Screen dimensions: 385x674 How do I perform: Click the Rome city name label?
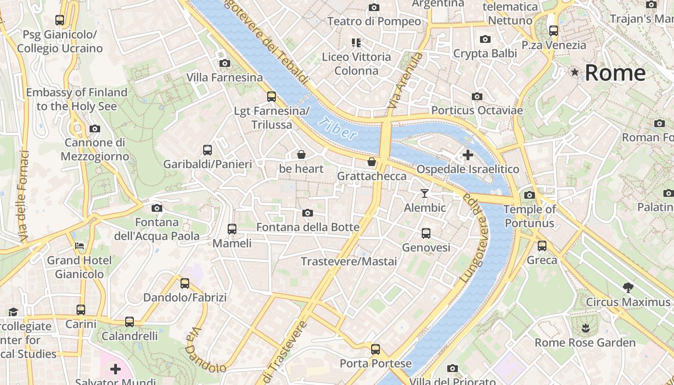click(615, 73)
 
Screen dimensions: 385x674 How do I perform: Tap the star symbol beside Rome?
click(574, 72)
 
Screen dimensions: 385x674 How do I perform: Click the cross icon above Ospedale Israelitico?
click(467, 155)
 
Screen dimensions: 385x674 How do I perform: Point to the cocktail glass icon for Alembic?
click(424, 193)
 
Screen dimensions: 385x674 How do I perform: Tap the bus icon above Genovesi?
click(426, 233)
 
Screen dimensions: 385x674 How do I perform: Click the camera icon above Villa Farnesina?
click(224, 63)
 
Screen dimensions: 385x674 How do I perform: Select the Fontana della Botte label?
click(308, 227)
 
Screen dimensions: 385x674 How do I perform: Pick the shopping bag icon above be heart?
click(301, 154)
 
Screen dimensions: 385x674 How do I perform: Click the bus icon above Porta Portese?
click(376, 349)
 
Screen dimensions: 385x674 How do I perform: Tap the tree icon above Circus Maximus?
click(628, 288)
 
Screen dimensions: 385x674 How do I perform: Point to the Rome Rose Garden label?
click(585, 343)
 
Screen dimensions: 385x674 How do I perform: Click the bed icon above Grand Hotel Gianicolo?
click(79, 246)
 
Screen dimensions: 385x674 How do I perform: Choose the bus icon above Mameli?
click(232, 229)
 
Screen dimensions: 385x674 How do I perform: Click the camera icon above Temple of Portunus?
click(530, 195)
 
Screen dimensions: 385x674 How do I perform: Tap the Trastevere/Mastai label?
click(349, 261)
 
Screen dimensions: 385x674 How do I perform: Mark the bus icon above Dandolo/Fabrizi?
click(185, 283)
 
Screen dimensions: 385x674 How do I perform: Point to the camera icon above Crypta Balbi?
click(485, 39)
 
